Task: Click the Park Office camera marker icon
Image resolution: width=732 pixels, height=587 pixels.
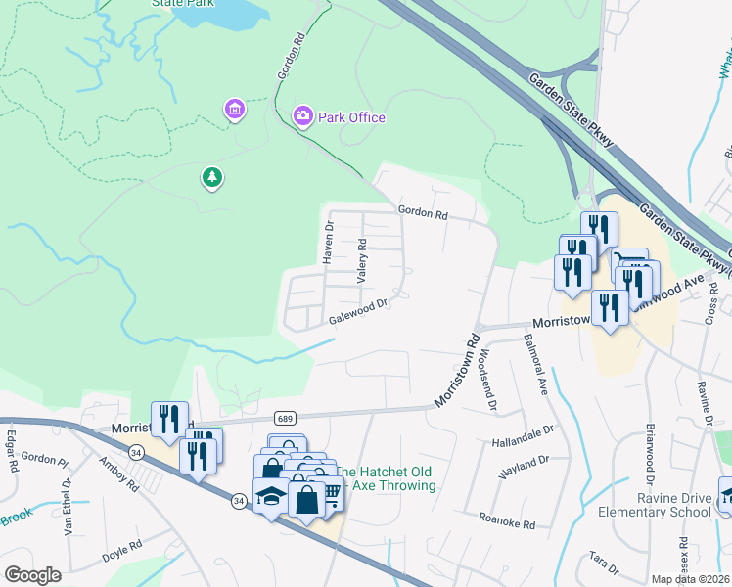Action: pyautogui.click(x=303, y=117)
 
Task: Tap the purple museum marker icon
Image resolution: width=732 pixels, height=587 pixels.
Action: pyautogui.click(x=234, y=109)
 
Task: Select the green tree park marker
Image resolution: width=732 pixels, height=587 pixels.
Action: pyautogui.click(x=211, y=177)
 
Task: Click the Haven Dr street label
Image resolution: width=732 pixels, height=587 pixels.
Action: pyautogui.click(x=329, y=241)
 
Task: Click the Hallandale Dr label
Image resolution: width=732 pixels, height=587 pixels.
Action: pyautogui.click(x=524, y=429)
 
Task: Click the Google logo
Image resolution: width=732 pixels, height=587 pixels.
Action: pyautogui.click(x=32, y=575)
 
